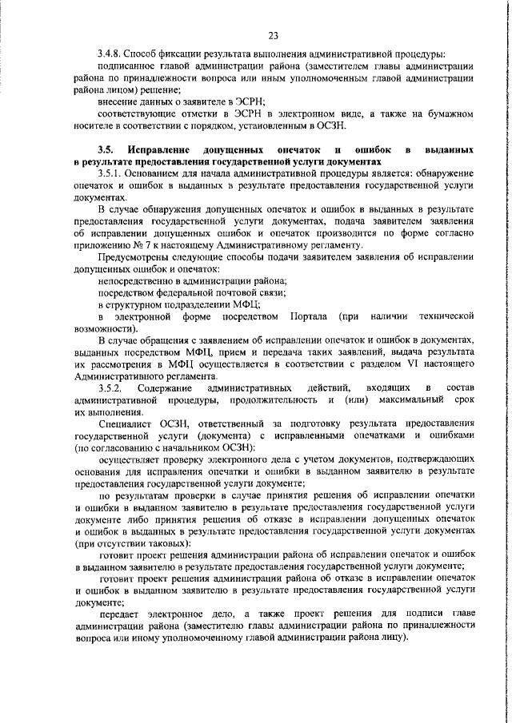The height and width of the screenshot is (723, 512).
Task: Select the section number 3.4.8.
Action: click(x=110, y=54)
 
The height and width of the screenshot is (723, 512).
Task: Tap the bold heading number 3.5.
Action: click(x=106, y=149)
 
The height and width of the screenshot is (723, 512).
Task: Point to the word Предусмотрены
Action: click(x=134, y=257)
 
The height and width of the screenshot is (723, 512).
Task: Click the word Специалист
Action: click(x=127, y=423)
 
